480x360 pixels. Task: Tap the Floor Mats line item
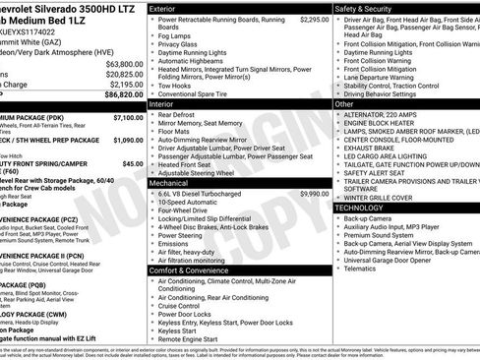click(174, 131)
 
